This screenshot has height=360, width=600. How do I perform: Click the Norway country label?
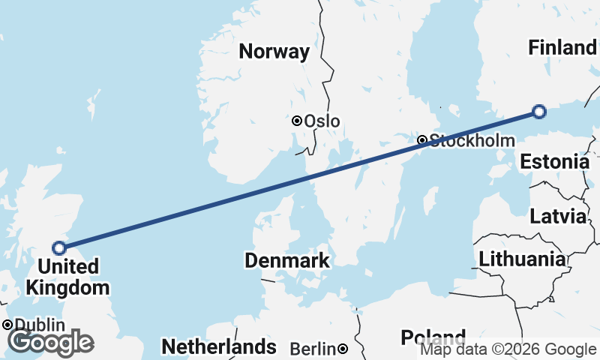(x=274, y=52)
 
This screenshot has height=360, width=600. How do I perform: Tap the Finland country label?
(x=562, y=48)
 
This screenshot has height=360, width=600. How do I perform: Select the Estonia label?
(x=554, y=162)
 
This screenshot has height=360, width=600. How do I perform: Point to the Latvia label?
(x=557, y=217)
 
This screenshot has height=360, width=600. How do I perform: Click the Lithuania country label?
(x=522, y=260)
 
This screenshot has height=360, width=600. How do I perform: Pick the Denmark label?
(x=287, y=261)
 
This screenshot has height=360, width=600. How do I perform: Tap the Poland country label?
(x=433, y=337)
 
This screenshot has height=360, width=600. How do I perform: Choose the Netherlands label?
(x=219, y=347)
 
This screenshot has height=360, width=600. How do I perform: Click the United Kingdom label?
(x=67, y=277)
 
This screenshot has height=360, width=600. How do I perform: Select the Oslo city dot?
(x=297, y=121)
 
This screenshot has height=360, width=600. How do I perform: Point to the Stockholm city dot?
(x=422, y=140)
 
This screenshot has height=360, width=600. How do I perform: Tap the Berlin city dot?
(x=342, y=349)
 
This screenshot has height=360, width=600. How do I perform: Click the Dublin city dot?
(x=7, y=325)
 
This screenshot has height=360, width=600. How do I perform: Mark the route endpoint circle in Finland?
(x=538, y=112)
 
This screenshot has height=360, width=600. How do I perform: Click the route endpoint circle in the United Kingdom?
(x=59, y=247)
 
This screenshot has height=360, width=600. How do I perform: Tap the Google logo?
(x=51, y=342)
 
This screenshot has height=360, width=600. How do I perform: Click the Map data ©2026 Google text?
(x=508, y=349)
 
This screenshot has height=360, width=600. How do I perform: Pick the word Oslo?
(x=322, y=121)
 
